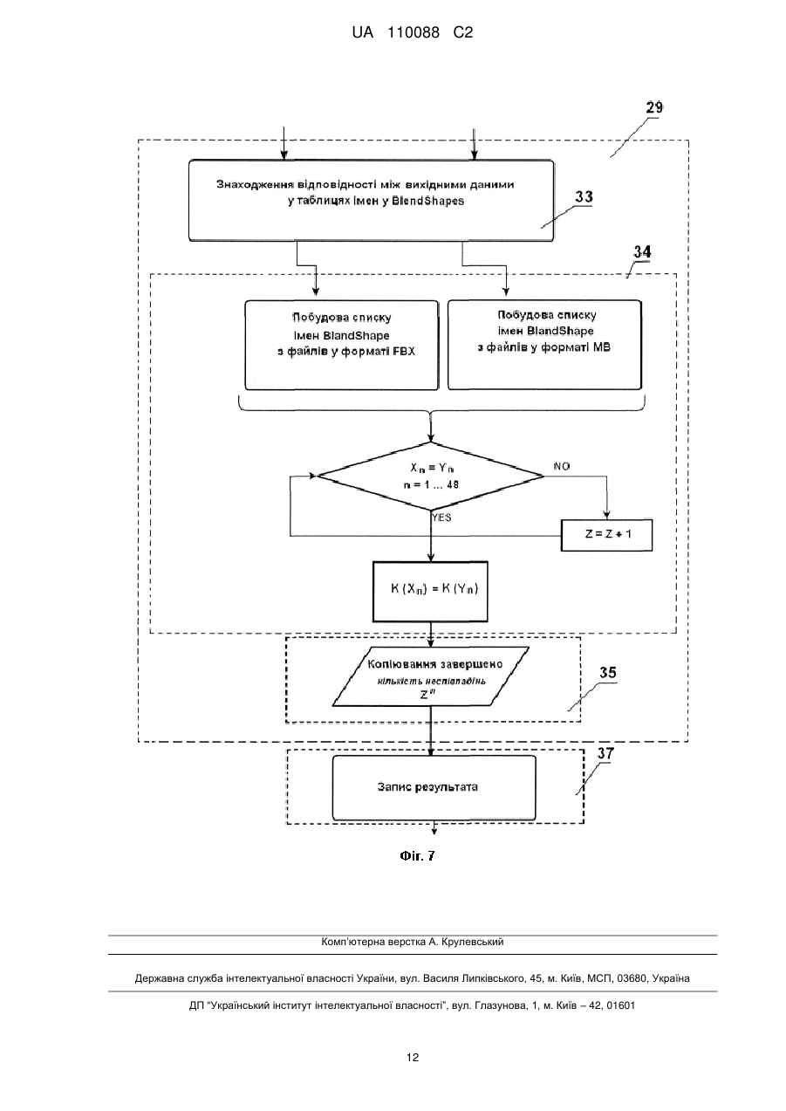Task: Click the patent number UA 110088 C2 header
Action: coord(413,33)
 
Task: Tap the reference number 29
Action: coord(654,107)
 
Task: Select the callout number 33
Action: coord(584,197)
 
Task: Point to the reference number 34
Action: coord(642,252)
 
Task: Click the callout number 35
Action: coord(608,673)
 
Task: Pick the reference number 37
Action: coord(605,753)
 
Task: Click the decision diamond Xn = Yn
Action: coord(430,477)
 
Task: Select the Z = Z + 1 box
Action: coord(606,535)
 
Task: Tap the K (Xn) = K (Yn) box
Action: coord(430,591)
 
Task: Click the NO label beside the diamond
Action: coord(562,466)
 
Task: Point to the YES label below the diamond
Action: coord(441,518)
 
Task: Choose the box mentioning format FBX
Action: coord(342,346)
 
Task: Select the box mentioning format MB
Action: coord(544,344)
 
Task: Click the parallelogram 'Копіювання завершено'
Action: coord(430,676)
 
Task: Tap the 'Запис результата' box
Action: coord(434,787)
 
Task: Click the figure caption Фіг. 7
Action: coord(417,856)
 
